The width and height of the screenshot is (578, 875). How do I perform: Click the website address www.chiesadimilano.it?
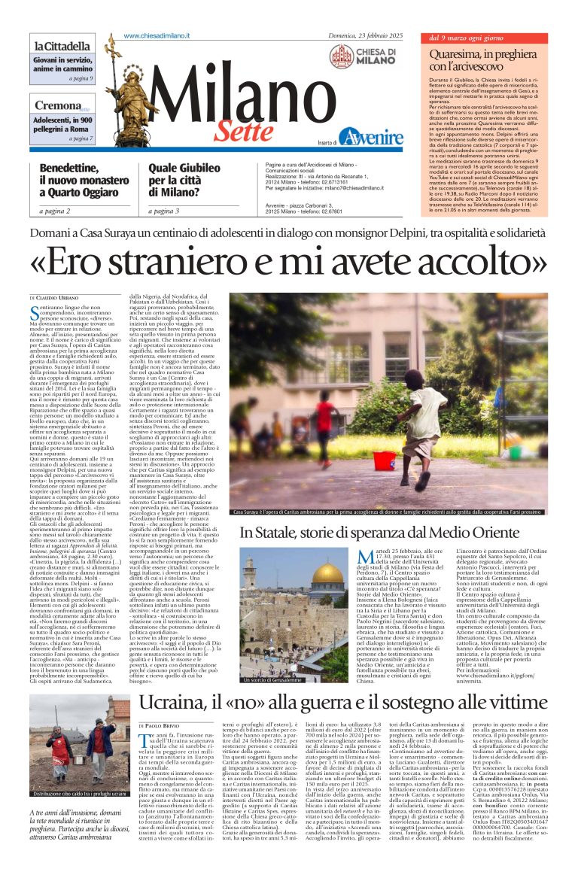point(157,36)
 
